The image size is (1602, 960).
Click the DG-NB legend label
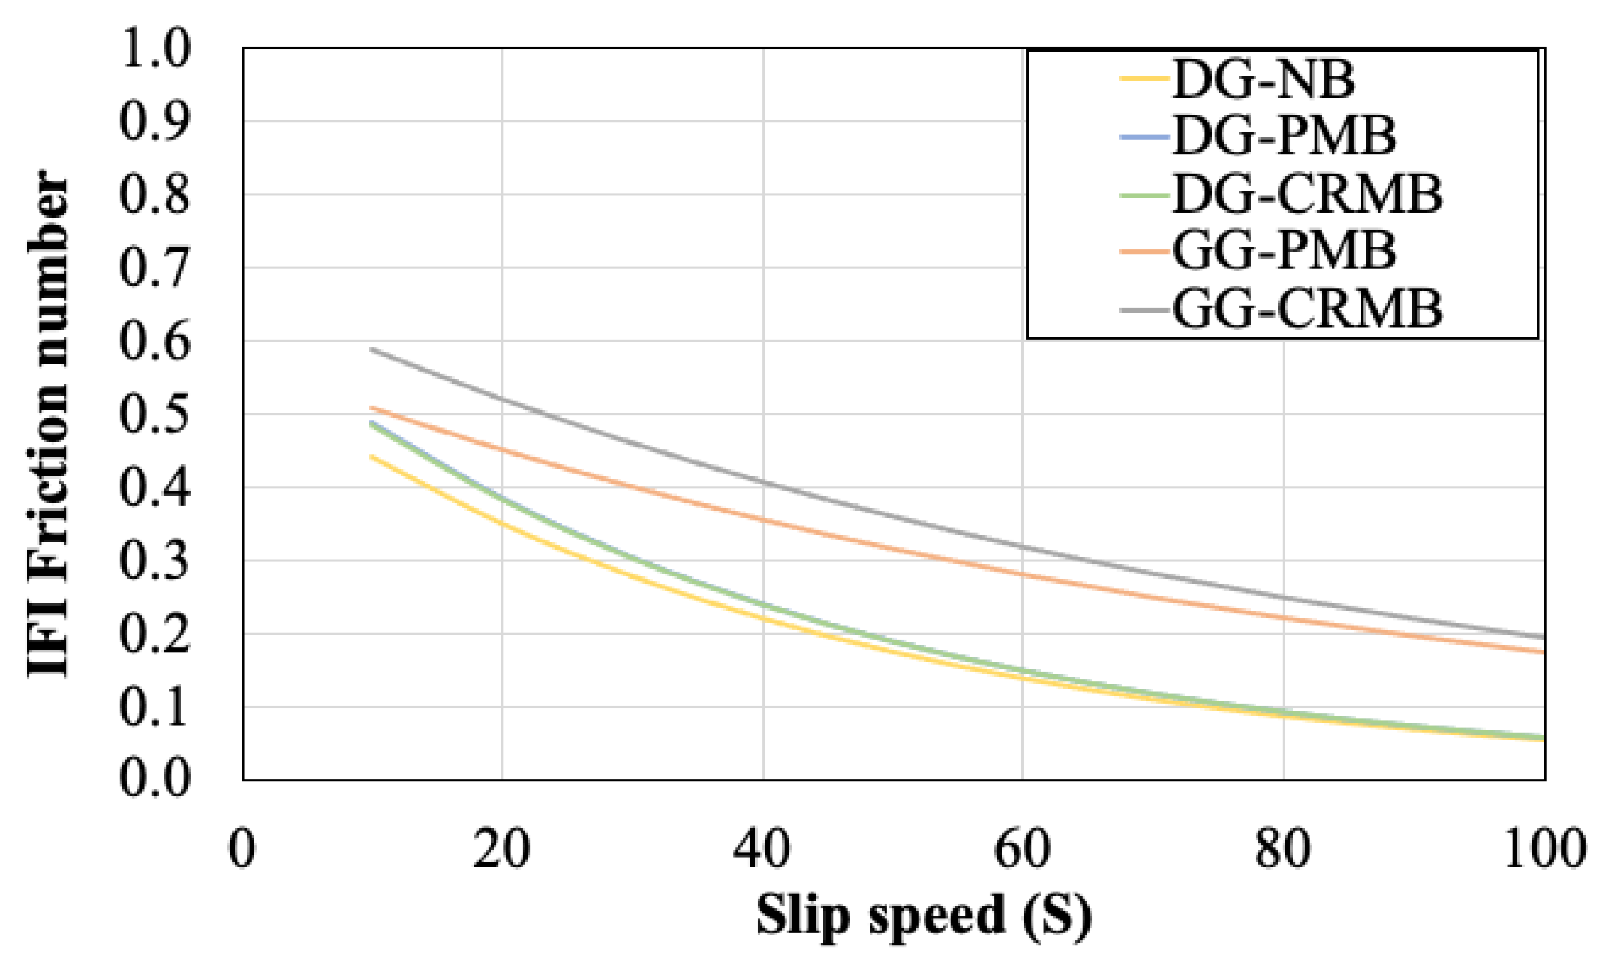click(1263, 80)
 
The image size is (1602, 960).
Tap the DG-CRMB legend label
click(1307, 194)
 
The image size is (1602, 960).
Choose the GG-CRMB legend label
click(1307, 309)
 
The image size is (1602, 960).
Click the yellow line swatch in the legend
click(1144, 80)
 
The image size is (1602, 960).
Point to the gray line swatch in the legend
click(1144, 310)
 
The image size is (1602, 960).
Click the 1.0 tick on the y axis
click(155, 49)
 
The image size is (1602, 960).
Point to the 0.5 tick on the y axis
click(155, 414)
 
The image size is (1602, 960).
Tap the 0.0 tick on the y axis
click(155, 779)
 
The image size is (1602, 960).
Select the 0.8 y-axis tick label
click(155, 195)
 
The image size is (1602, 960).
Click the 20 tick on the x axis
click(502, 849)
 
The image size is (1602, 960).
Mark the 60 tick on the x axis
click(1022, 849)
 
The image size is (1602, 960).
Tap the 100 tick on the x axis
click(1544, 849)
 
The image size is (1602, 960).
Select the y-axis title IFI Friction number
click(48, 424)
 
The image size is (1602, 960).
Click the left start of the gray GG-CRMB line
click(371, 349)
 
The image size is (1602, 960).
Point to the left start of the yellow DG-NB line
click(371, 456)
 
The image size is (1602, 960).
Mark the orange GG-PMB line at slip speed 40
click(763, 519)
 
